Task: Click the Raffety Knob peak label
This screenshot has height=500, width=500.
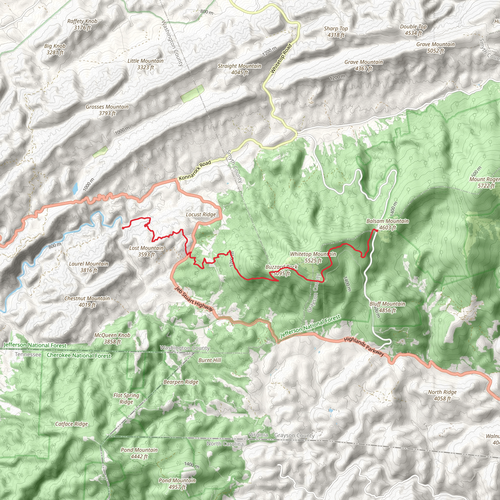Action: (x=82, y=24)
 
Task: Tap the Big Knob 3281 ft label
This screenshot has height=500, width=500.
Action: (x=55, y=49)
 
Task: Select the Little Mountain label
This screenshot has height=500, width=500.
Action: (x=146, y=64)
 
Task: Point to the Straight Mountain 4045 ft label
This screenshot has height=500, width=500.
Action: (x=240, y=69)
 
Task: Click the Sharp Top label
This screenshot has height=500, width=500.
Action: (x=336, y=31)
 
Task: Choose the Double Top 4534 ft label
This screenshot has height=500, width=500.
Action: (x=413, y=30)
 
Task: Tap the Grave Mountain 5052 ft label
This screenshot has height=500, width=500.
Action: (x=435, y=47)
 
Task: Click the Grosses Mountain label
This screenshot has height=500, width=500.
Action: (x=107, y=110)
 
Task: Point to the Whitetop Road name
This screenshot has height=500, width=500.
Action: (x=281, y=59)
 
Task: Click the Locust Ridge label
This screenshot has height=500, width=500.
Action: (x=201, y=215)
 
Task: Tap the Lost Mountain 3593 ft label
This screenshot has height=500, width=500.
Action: (x=146, y=251)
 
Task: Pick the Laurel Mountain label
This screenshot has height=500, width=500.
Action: (x=89, y=267)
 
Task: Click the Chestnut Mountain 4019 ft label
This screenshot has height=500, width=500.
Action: (x=87, y=302)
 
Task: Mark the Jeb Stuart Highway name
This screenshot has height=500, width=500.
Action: (x=194, y=299)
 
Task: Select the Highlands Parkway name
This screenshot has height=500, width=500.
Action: (x=364, y=346)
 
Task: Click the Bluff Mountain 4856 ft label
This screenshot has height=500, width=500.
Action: (x=387, y=307)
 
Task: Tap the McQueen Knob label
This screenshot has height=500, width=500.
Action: (x=112, y=338)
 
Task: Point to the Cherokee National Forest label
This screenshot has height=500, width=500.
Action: (x=79, y=355)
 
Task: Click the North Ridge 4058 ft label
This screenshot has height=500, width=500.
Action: (x=442, y=395)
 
